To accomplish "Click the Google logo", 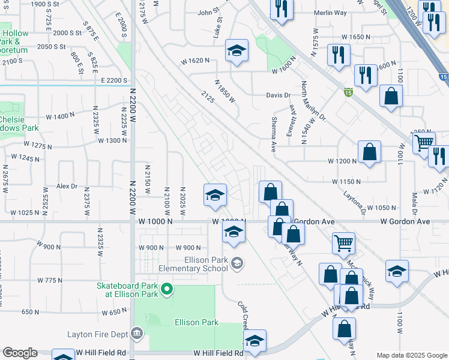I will click(20, 353).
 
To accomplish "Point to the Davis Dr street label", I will click(279, 95).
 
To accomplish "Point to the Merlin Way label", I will click(331, 12).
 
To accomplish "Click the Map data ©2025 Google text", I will click(411, 355).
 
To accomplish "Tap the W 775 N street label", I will click(50, 280).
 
